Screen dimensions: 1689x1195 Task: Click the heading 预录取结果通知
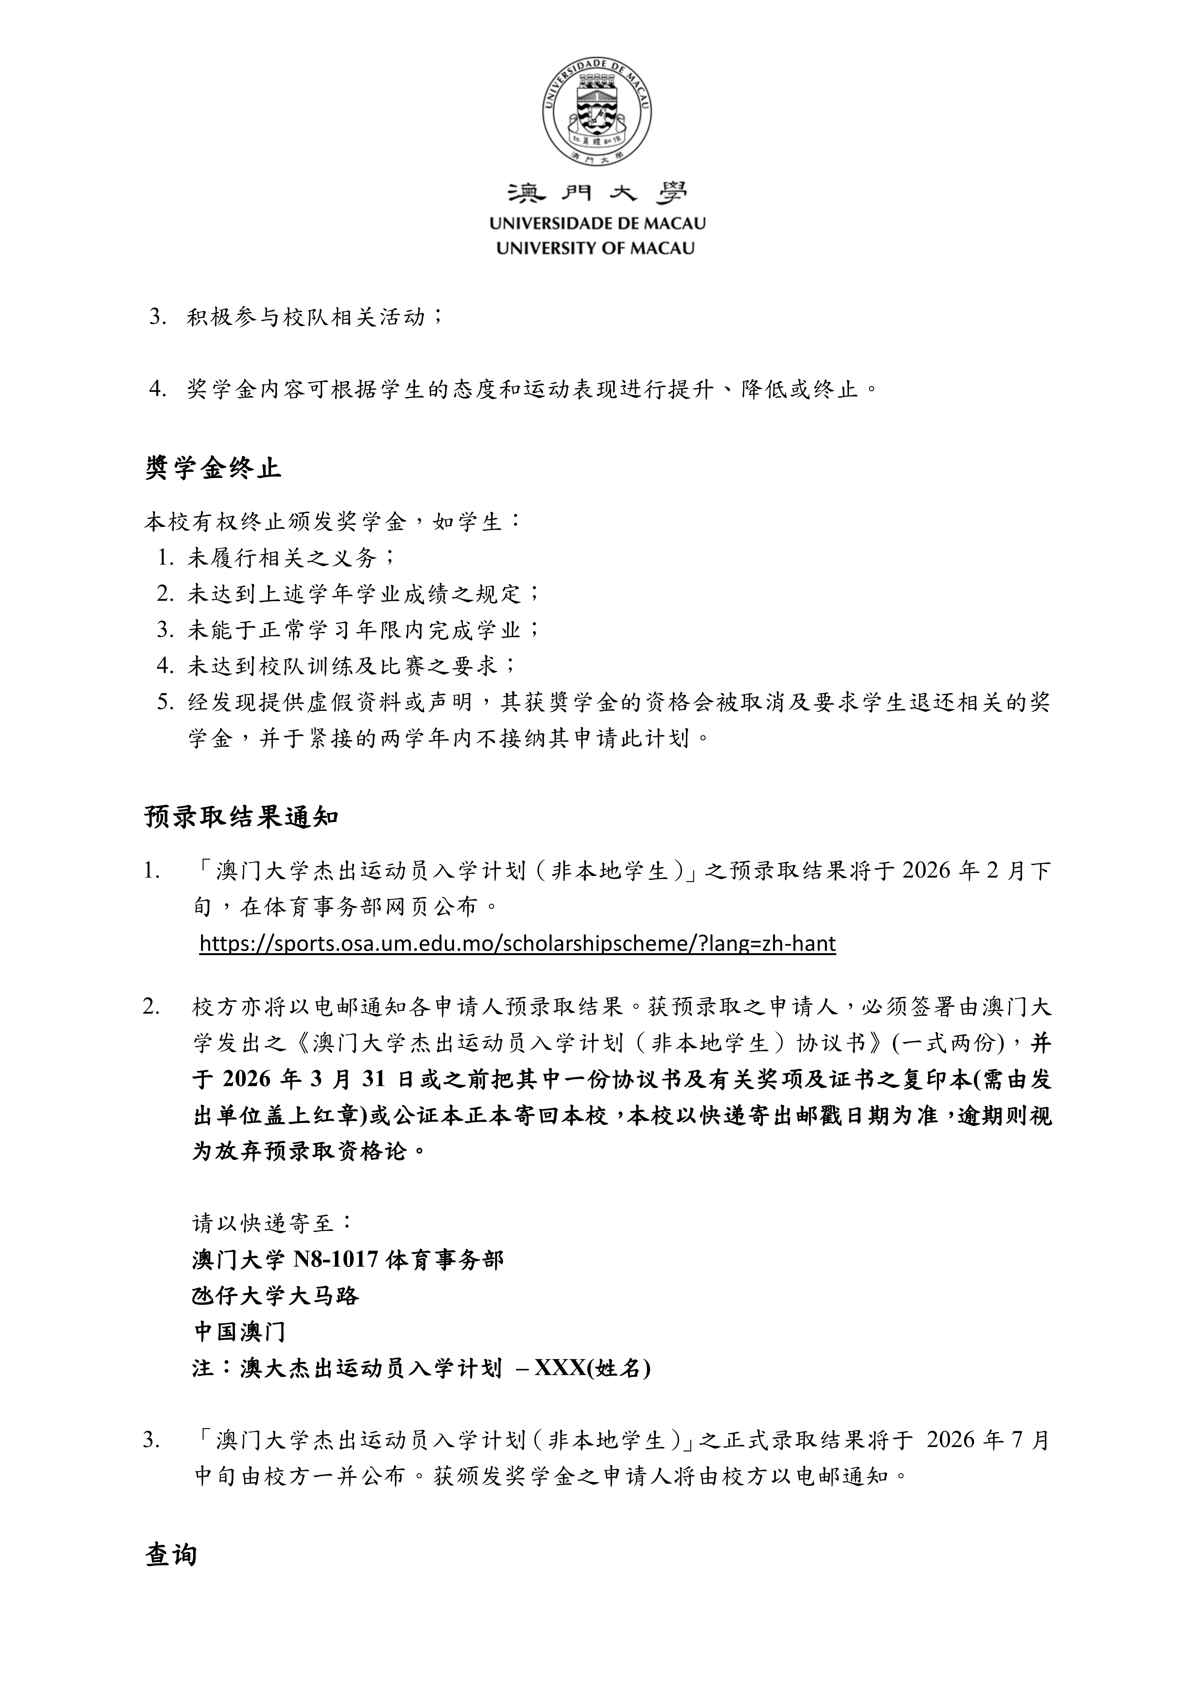pyautogui.click(x=241, y=817)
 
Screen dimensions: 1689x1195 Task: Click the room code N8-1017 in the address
pyautogui.click(x=336, y=1260)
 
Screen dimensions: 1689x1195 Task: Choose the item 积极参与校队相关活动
pyautogui.click(x=305, y=317)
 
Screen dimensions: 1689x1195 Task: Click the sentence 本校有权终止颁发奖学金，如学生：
pyautogui.click(x=333, y=522)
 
